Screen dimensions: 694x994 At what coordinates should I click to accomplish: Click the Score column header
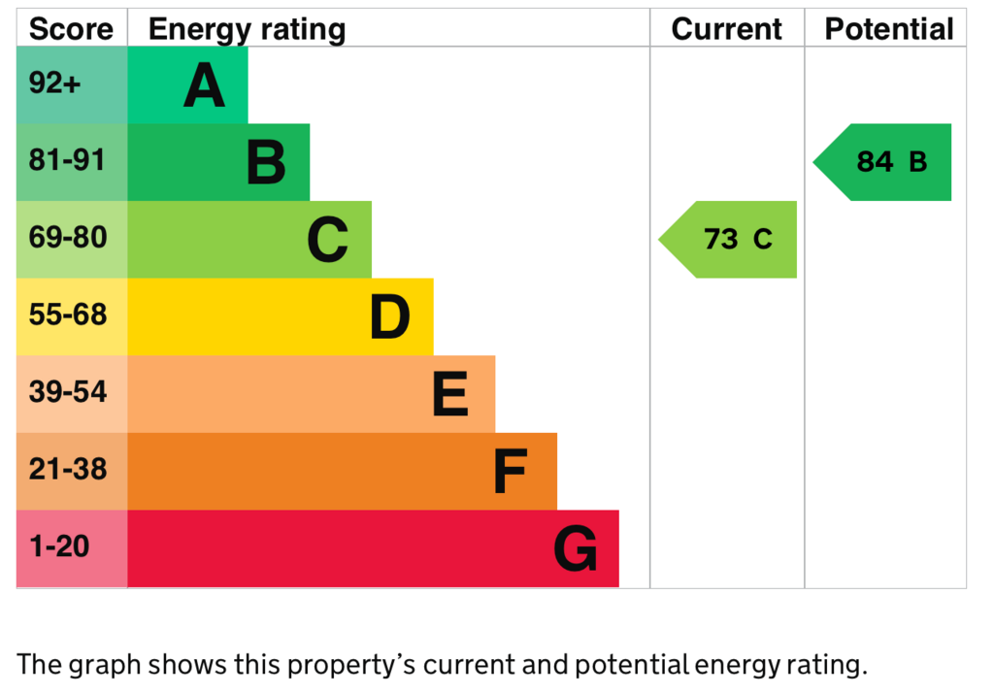[x=71, y=29]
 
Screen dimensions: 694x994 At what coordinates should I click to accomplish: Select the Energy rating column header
[x=247, y=29]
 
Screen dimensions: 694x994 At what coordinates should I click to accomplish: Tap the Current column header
[x=726, y=29]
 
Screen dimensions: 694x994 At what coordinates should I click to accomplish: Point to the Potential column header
[x=889, y=29]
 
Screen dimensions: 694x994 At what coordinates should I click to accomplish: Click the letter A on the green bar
[x=205, y=86]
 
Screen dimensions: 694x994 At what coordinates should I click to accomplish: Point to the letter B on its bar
[x=266, y=163]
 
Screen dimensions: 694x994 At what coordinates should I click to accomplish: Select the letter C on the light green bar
[x=328, y=241]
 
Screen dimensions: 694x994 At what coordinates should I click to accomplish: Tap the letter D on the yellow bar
[x=390, y=317]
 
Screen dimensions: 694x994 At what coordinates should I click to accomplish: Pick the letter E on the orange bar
[x=450, y=395]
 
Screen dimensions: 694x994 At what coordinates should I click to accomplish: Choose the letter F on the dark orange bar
[x=511, y=473]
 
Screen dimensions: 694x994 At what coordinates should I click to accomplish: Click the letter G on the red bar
[x=576, y=550]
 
